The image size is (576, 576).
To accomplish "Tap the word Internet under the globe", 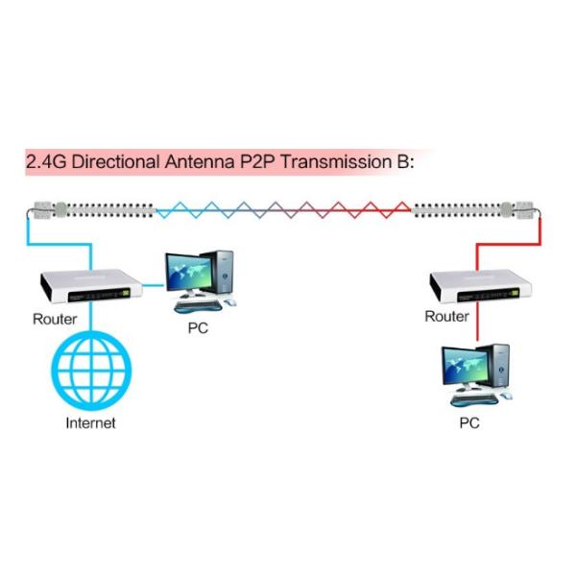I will coord(89,422).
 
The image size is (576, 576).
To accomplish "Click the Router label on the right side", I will coord(446,316).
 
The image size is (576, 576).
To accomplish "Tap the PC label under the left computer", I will coord(197,327).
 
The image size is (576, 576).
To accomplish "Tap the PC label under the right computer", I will coord(469,422).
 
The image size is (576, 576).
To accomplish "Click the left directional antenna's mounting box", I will coord(42,208).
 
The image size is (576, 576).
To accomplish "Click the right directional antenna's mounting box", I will coord(527,208).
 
